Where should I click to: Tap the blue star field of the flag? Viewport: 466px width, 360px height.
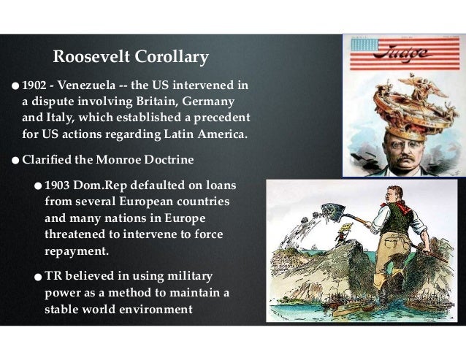[x=362, y=45]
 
